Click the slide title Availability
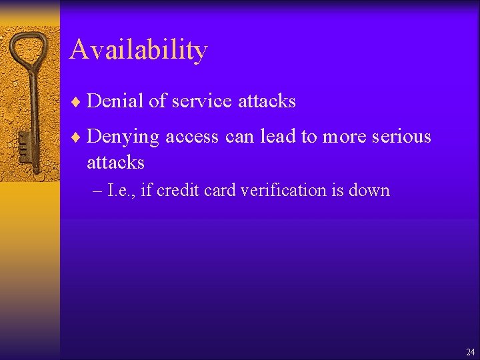(138, 50)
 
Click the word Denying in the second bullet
(123, 137)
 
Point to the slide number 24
(471, 351)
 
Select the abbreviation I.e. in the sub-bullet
(120, 190)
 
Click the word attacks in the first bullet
(267, 101)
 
